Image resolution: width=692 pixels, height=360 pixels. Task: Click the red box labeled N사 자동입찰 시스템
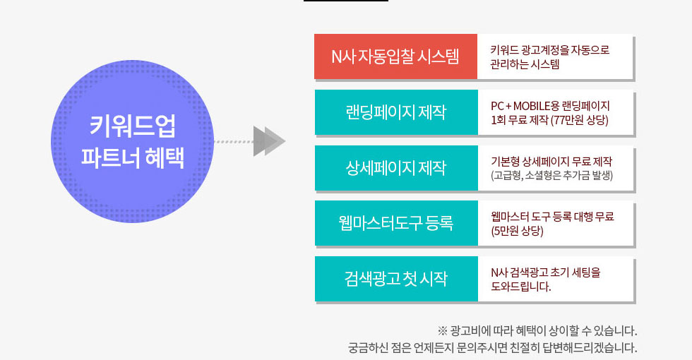coord(396,56)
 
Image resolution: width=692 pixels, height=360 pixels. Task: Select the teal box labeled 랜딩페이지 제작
coord(396,112)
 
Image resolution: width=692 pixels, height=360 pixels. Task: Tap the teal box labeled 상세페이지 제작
coord(396,168)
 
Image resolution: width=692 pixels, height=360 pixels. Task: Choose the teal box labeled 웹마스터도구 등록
coord(396,223)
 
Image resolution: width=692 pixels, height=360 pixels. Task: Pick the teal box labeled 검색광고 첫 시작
coord(396,279)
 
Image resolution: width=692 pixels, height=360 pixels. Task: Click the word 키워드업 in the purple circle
coord(133,126)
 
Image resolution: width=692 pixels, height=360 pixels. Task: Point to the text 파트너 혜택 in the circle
coord(133,157)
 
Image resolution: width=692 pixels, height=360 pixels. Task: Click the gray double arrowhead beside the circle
coord(269,141)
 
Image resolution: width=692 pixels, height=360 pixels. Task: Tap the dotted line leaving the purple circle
coord(234,142)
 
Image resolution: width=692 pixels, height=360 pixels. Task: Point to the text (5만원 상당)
coord(517,231)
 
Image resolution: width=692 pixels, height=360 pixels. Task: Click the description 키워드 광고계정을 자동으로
coord(550,50)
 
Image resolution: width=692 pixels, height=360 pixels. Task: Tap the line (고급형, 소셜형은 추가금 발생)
coord(552,176)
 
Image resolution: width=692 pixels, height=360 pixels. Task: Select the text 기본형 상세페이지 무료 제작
coord(551,162)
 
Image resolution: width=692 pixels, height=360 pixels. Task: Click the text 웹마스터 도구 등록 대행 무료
coord(552,217)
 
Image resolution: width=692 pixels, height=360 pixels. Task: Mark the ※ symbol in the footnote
coord(442,330)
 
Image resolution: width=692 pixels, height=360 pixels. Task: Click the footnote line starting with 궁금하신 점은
coord(493,347)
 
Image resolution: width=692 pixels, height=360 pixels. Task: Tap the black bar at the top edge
coord(346,1)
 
